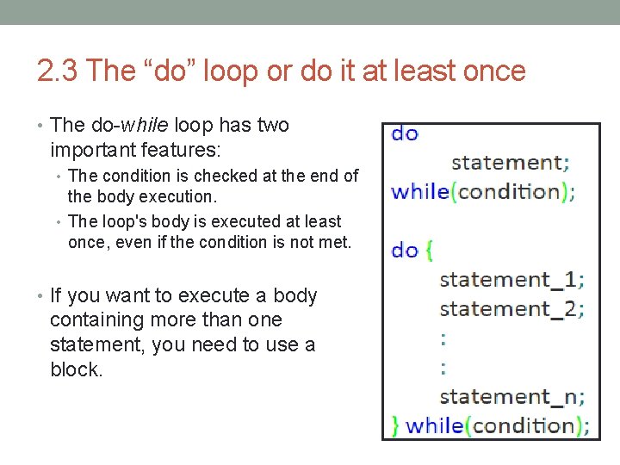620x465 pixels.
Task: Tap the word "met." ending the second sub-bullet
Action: pyautogui.click(x=334, y=242)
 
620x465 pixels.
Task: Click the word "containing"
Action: pyautogui.click(x=94, y=320)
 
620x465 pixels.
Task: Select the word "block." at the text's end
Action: pyautogui.click(x=77, y=369)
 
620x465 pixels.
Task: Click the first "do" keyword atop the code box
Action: pyautogui.click(x=405, y=134)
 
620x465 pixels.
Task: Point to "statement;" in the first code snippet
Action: pyautogui.click(x=510, y=162)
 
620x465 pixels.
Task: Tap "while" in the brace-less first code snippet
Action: pyautogui.click(x=419, y=191)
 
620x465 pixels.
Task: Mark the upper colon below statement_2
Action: pyautogui.click(x=443, y=338)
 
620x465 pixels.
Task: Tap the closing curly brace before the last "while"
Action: pyautogui.click(x=395, y=425)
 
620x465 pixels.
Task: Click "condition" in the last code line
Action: pyautogui.click(x=524, y=425)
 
